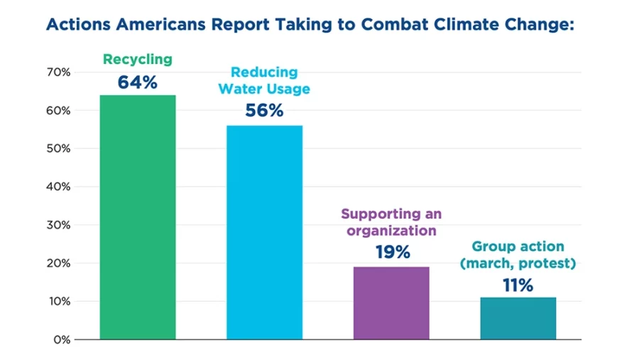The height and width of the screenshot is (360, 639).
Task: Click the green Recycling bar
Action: pos(137,217)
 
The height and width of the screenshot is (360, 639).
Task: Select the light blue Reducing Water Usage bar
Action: pos(264,232)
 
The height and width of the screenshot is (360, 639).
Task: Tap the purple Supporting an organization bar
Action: pos(391,302)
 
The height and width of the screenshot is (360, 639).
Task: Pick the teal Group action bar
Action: pos(518,318)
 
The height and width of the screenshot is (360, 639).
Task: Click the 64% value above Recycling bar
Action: pos(137,83)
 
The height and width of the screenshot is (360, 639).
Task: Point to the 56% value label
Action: pos(264,111)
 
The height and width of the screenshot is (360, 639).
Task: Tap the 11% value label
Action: pos(518,285)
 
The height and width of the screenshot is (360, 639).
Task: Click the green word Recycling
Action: pos(137,60)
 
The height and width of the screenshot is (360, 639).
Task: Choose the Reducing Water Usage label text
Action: pos(264,81)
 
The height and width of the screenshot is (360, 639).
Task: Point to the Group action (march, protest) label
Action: pos(518,256)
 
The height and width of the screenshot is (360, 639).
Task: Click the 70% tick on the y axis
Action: pos(59,72)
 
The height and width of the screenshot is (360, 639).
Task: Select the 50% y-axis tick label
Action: pos(59,148)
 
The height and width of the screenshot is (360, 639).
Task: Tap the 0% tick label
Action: pos(62,339)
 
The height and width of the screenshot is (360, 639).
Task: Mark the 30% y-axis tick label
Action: pos(59,225)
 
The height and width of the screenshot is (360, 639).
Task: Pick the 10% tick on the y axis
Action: pos(59,301)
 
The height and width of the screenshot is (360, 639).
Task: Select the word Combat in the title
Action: pos(395,23)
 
